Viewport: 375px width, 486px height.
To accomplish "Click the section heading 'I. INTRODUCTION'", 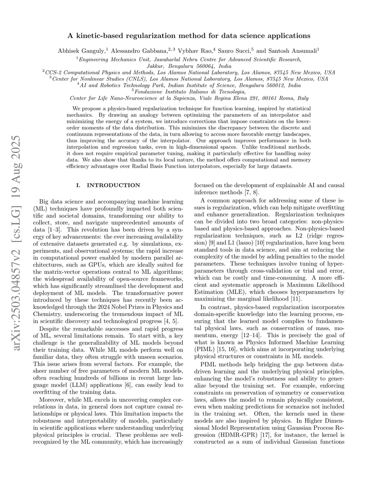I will [x=108, y=185].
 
